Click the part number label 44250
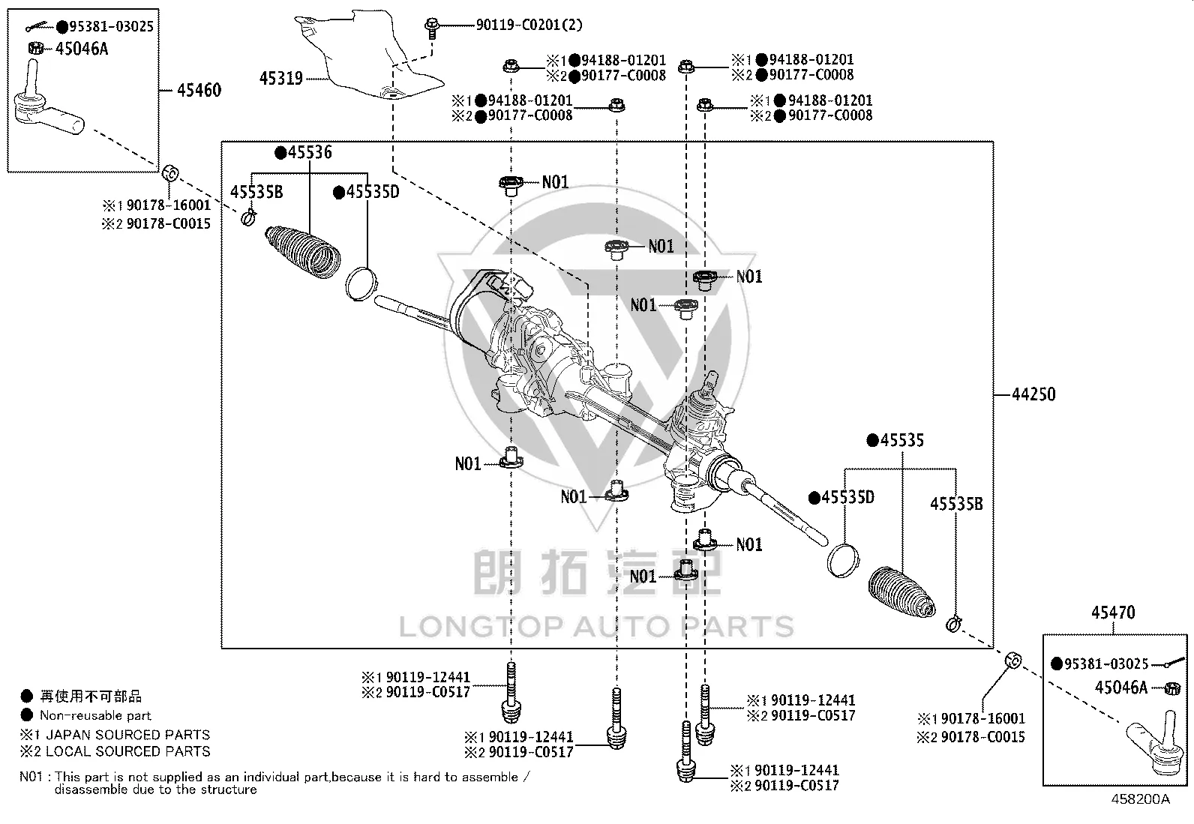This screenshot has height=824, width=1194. point(1033,394)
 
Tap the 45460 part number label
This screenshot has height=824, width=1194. point(199,90)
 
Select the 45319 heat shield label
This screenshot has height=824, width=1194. point(281,79)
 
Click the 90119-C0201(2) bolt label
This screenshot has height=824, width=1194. point(529,25)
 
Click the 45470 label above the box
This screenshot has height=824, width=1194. point(1113,613)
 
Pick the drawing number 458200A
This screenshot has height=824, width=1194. point(1140,799)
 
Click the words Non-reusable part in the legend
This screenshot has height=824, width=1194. point(95,715)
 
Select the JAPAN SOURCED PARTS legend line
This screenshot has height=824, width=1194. point(115,735)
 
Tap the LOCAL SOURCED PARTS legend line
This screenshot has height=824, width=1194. point(115,751)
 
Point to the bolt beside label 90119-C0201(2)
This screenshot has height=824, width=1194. point(432,28)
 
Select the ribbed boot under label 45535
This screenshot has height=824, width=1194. point(901,592)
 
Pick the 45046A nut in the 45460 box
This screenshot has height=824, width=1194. point(36,48)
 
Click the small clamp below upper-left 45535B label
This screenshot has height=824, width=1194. point(248,217)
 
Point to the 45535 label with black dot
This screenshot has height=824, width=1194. point(895,440)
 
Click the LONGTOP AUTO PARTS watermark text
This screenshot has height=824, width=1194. point(596,627)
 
